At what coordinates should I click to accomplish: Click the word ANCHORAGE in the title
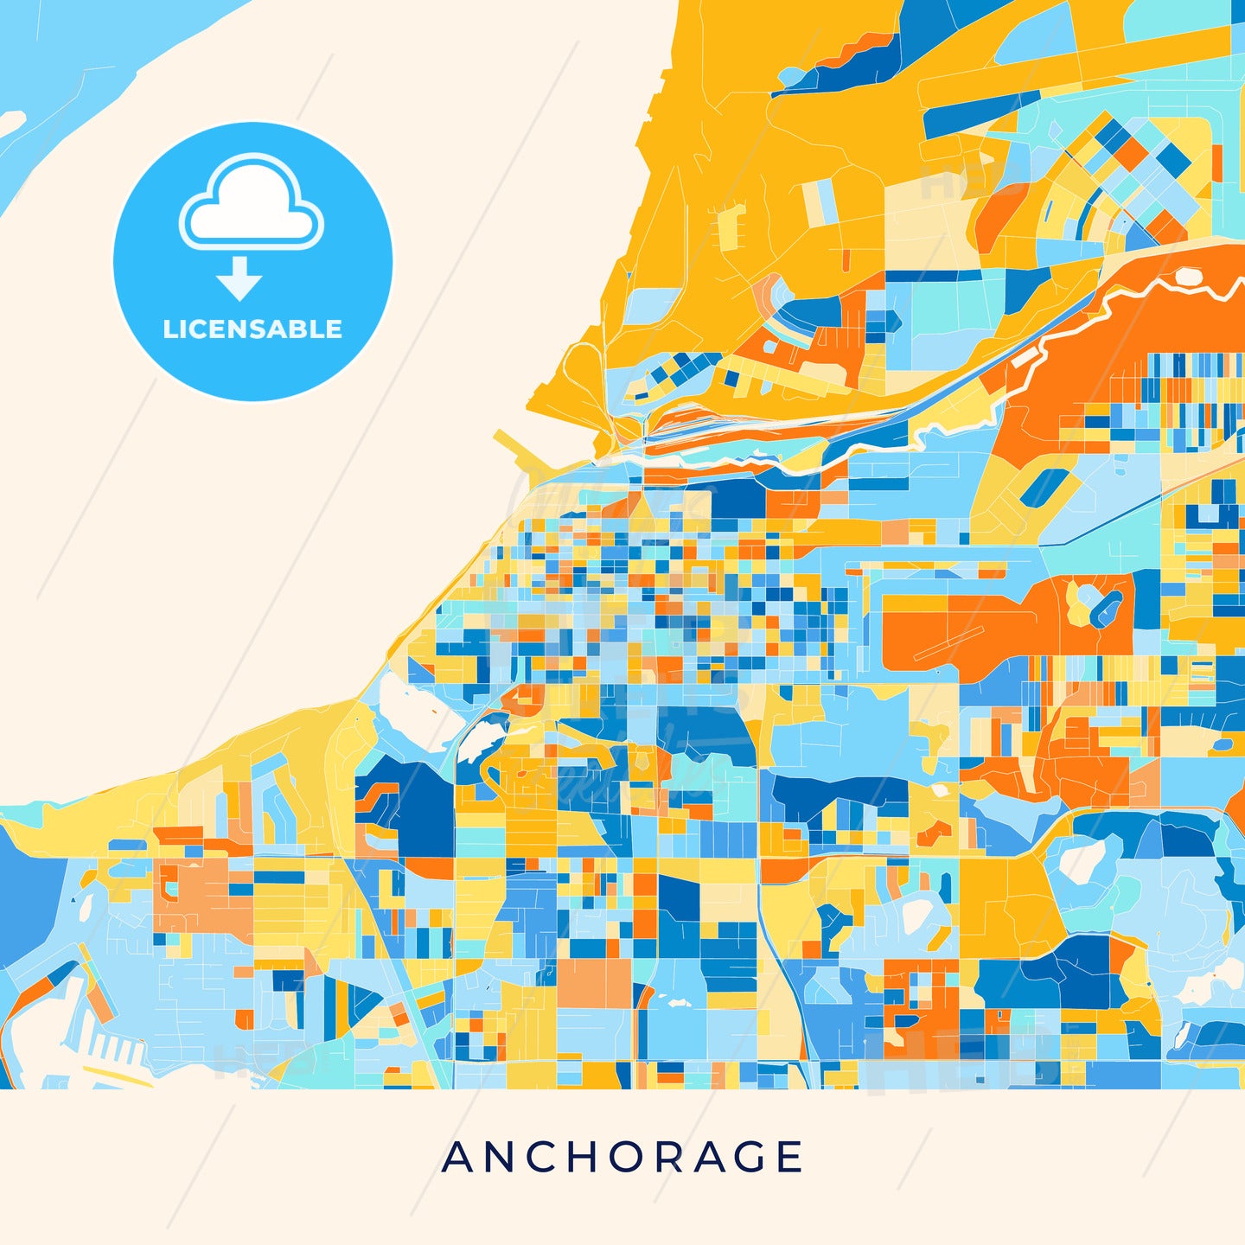point(622,1157)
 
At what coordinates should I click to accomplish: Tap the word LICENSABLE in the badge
point(252,329)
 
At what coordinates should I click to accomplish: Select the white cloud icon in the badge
point(251,202)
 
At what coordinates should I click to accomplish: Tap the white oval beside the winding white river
point(1188,277)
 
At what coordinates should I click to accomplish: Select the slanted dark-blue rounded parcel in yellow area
point(1041,488)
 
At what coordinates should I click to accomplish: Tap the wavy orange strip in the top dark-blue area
point(856,52)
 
